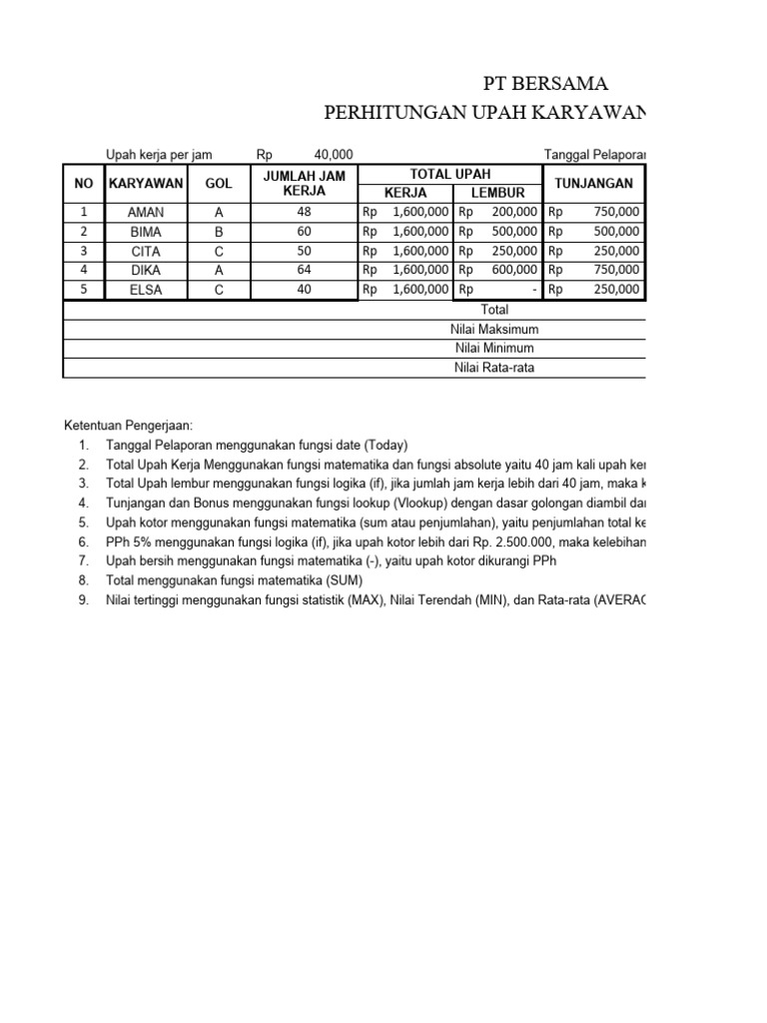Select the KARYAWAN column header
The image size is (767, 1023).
pyautogui.click(x=146, y=184)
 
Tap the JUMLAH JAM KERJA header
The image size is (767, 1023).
pyautogui.click(x=304, y=184)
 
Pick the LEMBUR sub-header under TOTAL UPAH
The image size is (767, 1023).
pyautogui.click(x=497, y=193)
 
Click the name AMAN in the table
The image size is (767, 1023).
pyautogui.click(x=146, y=212)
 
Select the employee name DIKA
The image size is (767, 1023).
pyautogui.click(x=146, y=270)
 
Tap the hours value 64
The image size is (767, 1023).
pyautogui.click(x=304, y=270)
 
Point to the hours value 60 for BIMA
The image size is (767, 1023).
pyautogui.click(x=304, y=231)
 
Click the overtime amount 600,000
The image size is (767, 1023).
pyautogui.click(x=515, y=270)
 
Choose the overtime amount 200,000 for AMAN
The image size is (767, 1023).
pyautogui.click(x=515, y=212)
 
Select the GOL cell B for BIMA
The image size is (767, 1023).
pyautogui.click(x=219, y=231)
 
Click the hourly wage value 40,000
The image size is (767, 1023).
pyautogui.click(x=334, y=154)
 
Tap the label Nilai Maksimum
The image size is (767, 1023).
pyautogui.click(x=494, y=329)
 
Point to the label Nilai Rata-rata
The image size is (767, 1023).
pyautogui.click(x=494, y=367)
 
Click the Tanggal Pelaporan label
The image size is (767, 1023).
pyautogui.click(x=594, y=154)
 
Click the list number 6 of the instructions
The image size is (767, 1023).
pyautogui.click(x=84, y=541)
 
